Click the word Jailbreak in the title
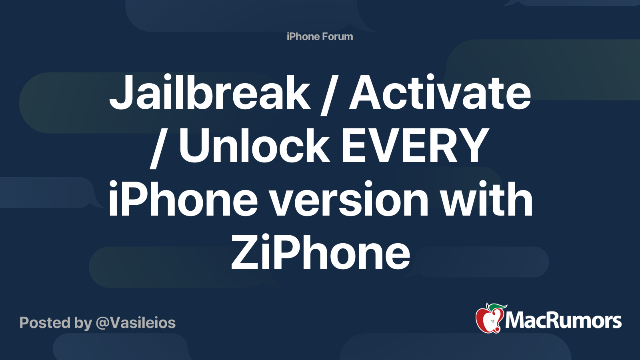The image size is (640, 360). (x=210, y=92)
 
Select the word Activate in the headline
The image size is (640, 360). (x=440, y=92)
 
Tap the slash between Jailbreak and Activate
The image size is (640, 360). (x=330, y=95)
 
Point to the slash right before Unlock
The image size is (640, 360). (x=160, y=148)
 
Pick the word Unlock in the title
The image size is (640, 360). (x=254, y=146)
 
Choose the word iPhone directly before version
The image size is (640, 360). (x=183, y=198)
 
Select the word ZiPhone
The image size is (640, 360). (x=320, y=252)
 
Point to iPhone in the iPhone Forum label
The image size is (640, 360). (x=303, y=36)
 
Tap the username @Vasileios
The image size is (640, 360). (x=136, y=323)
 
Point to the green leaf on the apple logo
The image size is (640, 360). (x=497, y=308)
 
